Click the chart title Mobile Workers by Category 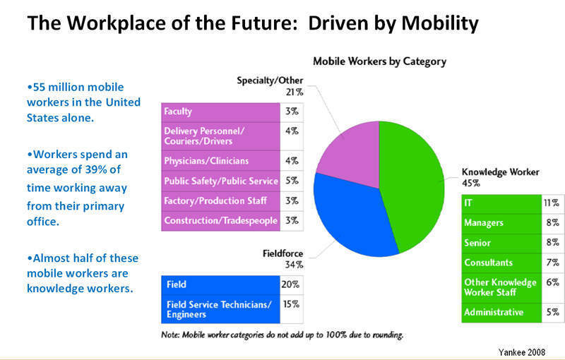coord(379,61)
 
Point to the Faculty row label coord(178,112)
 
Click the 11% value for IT coord(552,204)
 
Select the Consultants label coord(488,262)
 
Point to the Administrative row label coord(493,311)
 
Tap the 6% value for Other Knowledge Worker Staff coord(552,282)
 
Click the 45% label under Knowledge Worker coord(471,183)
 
